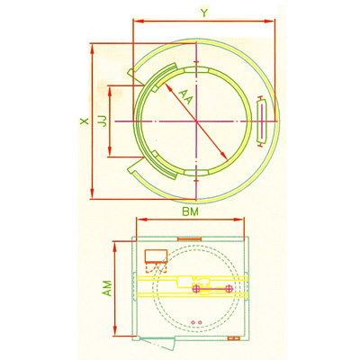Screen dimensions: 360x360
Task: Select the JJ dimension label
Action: [103, 120]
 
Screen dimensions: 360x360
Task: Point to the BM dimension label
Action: [189, 212]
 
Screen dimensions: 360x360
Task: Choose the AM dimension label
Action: [106, 287]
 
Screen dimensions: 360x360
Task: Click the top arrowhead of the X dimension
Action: [94, 45]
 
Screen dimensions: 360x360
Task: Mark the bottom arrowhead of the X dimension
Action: [94, 196]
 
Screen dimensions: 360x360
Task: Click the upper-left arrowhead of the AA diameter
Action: [161, 85]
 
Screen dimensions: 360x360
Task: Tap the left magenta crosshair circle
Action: [196, 288]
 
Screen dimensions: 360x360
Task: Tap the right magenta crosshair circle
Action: [230, 288]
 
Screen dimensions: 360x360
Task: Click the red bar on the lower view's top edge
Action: [189, 238]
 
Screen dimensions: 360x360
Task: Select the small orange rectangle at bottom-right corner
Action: [236, 337]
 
